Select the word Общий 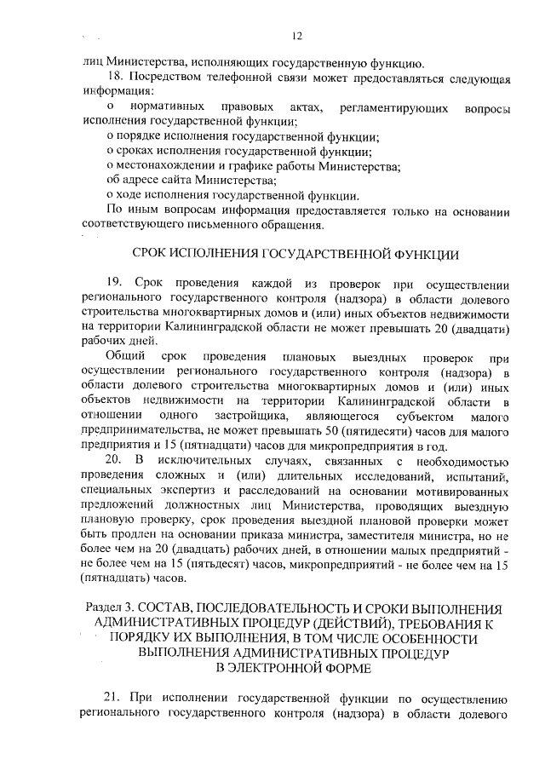coord(126,355)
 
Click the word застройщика coord(255,415)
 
